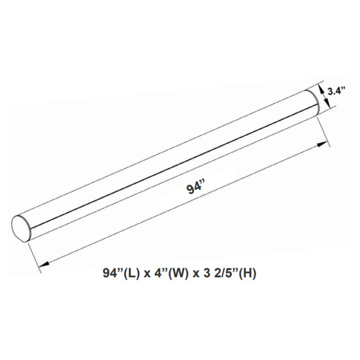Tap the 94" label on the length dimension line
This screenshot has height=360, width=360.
pos(195,188)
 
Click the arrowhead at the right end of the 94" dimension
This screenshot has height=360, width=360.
pos(323,144)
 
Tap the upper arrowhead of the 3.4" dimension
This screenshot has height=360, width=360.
pos(321,89)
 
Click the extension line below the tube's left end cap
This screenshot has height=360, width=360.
pos(34,256)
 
